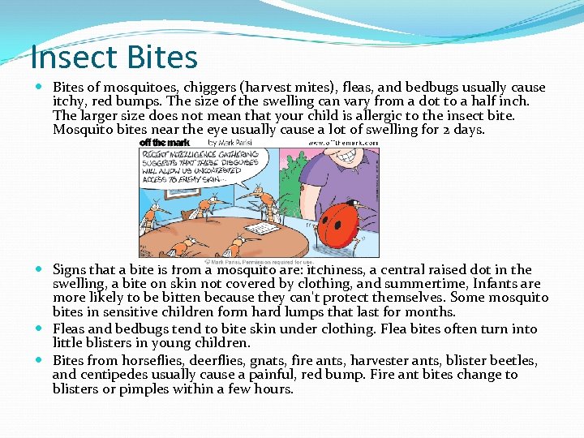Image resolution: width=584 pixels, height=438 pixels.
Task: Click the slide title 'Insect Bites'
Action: (x=114, y=58)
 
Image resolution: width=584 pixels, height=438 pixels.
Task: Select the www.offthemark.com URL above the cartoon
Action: (x=342, y=143)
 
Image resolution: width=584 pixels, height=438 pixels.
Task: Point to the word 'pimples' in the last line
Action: (x=145, y=389)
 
